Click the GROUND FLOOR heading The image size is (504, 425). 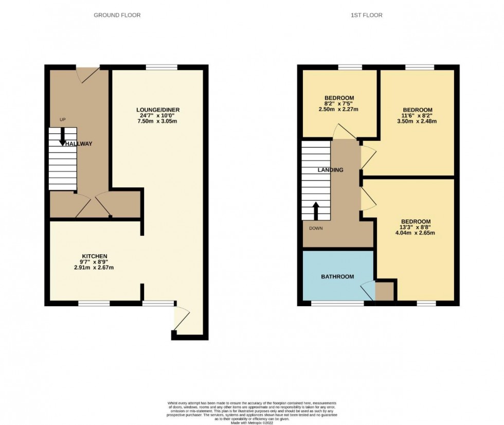117,15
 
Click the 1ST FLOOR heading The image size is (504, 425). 367,15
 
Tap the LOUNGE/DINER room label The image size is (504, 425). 157,110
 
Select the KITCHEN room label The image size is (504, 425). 94,256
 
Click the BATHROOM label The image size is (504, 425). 337,277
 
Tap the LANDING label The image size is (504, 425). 330,170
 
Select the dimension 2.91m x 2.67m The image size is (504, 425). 94,268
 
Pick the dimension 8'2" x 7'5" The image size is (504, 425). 339,103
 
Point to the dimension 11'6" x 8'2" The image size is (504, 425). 417,116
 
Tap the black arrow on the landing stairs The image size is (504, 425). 316,210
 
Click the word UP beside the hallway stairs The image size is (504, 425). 63,120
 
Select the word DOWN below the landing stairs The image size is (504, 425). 316,228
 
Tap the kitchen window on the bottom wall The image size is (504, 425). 94,304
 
